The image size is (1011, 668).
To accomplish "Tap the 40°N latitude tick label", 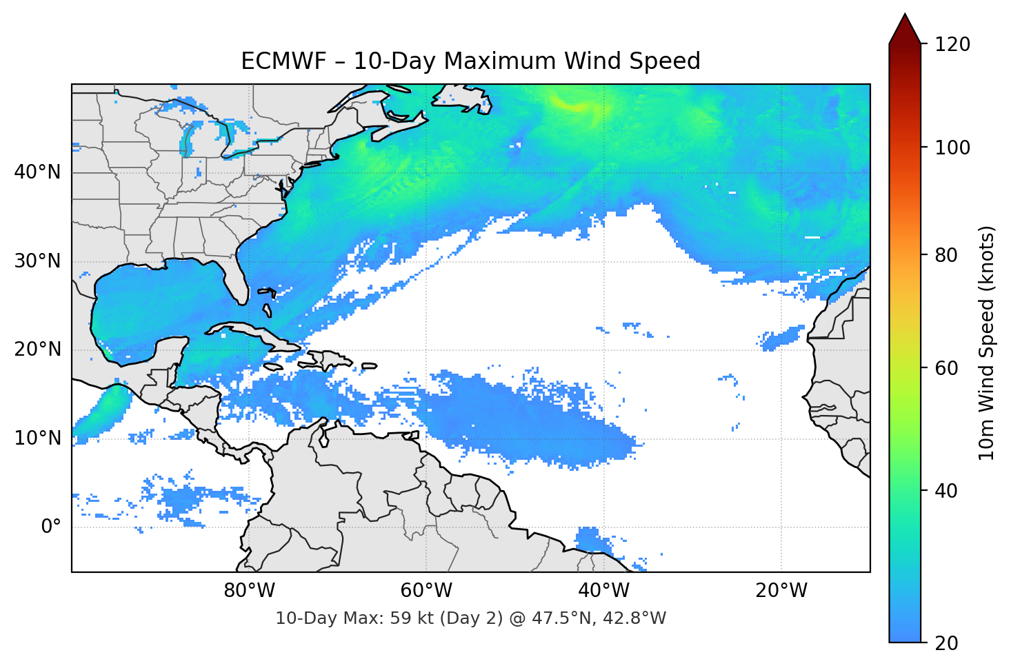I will tap(37, 172).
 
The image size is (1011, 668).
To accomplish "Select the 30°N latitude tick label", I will tap(37, 261).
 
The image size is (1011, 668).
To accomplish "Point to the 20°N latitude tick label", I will tap(37, 350).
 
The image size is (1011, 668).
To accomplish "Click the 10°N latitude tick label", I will tap(37, 438).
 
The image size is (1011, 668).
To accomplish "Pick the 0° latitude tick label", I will tap(51, 527).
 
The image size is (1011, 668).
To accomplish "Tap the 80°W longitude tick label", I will tap(249, 591).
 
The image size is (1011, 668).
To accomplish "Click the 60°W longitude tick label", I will tap(426, 591).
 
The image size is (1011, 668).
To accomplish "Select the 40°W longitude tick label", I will tap(603, 591).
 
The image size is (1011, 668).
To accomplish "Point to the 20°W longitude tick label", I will tap(781, 591).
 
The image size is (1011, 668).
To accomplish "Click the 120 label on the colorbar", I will tap(952, 44).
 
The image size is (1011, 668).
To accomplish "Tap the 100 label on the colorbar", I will tap(952, 148).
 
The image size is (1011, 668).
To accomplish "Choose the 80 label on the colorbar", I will tap(947, 255).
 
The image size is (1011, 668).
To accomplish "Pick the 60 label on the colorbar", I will tap(947, 368).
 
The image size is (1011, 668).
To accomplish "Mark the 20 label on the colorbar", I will tap(947, 643).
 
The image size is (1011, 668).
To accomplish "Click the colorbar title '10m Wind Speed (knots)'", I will tap(987, 343).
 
